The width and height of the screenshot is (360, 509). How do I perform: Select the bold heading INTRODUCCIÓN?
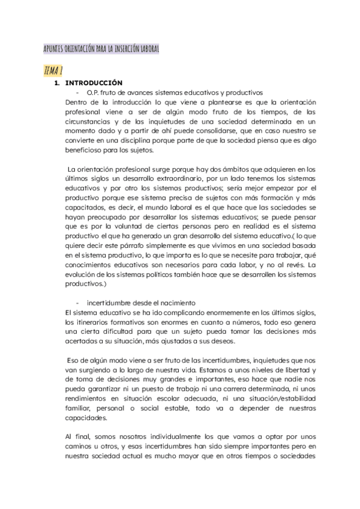(x=94, y=82)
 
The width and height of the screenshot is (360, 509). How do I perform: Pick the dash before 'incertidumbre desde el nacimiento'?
(x=78, y=302)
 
